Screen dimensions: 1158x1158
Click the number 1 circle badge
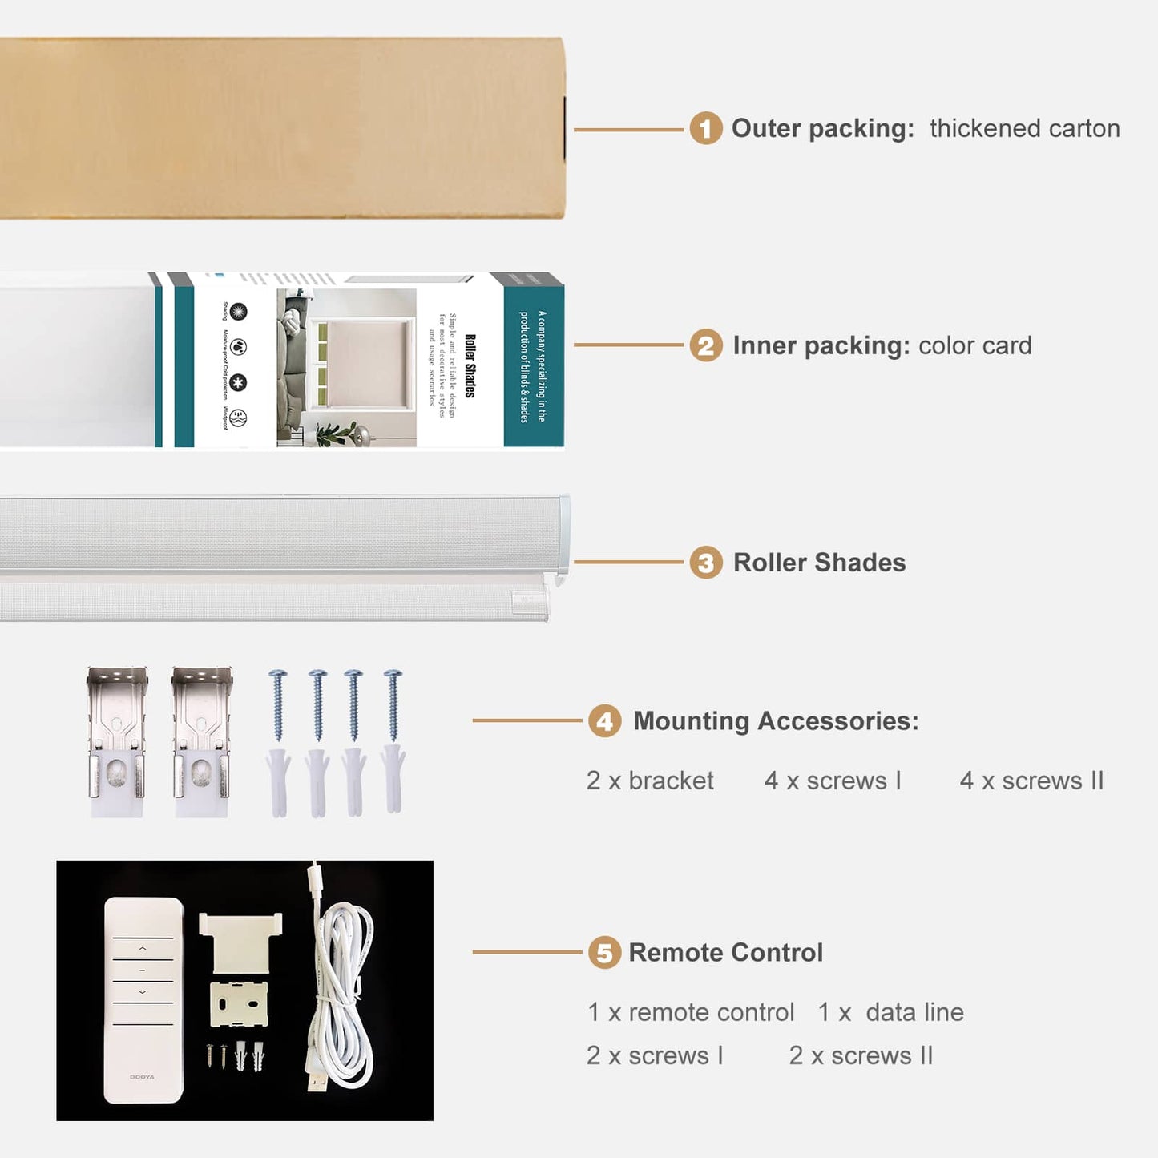(x=705, y=128)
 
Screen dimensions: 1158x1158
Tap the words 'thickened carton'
(x=1024, y=128)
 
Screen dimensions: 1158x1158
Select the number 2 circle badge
(x=705, y=345)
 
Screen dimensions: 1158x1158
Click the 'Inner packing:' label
(x=821, y=345)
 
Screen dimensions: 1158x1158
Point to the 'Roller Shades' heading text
(x=819, y=563)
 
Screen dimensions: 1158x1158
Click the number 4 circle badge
(x=604, y=721)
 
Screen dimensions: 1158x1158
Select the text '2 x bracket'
(x=650, y=781)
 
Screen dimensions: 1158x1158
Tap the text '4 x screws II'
(x=1031, y=781)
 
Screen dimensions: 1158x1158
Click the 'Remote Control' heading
(x=725, y=953)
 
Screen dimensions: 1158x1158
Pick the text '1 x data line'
(x=890, y=1012)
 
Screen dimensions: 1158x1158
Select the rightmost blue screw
(x=393, y=705)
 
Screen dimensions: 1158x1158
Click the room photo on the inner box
(x=346, y=367)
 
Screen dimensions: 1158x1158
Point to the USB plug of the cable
(x=318, y=1082)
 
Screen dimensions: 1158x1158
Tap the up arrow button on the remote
(x=143, y=948)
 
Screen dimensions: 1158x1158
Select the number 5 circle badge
(x=604, y=953)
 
